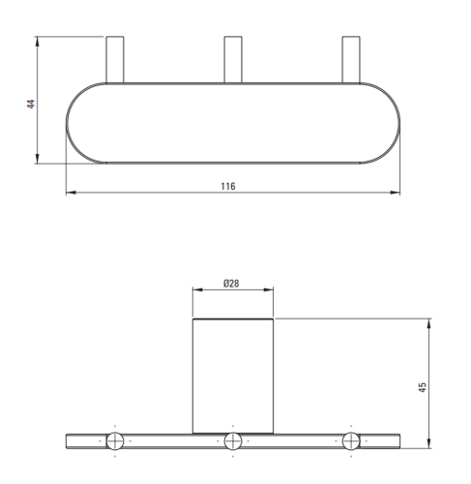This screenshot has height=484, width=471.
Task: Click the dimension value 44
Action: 31,104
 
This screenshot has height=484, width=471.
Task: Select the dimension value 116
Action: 228,186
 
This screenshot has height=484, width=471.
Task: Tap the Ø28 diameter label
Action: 231,284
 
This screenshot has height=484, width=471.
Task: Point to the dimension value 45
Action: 422,387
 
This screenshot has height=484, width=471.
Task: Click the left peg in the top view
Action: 115,60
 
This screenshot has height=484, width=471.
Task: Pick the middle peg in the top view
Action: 233,60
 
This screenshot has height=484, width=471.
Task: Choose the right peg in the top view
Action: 351,60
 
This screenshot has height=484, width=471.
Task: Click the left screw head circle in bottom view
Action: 115,440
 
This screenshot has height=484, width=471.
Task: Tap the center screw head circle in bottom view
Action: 233,440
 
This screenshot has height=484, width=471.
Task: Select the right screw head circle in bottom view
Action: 351,440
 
